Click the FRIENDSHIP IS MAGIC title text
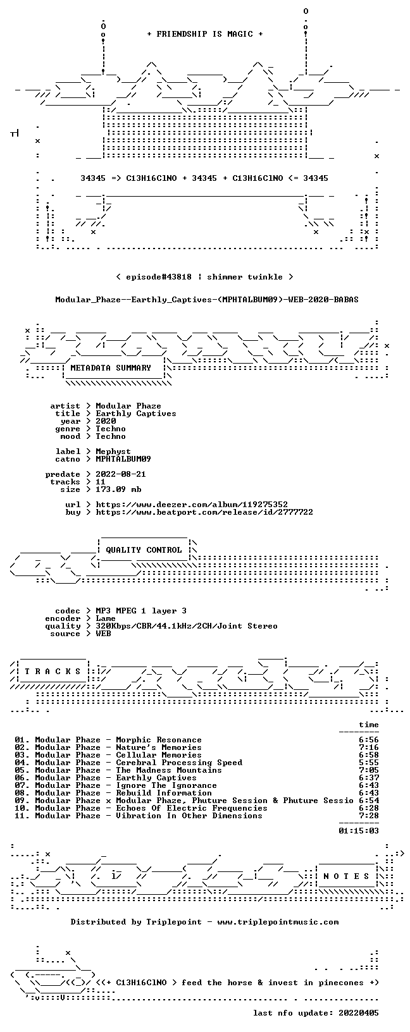[x=205, y=34]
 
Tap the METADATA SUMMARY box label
[x=111, y=368]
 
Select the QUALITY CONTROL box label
[x=144, y=550]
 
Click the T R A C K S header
[x=53, y=672]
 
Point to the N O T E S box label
[x=346, y=876]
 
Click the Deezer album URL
[x=192, y=505]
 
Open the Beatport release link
[x=204, y=512]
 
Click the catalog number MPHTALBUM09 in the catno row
[x=123, y=459]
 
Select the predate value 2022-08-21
[x=121, y=474]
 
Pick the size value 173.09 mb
[x=118, y=489]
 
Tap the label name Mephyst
[x=113, y=451]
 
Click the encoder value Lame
[x=106, y=618]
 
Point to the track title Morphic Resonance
[x=159, y=740]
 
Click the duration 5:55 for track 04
[x=369, y=763]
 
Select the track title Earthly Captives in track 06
[x=156, y=778]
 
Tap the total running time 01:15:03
[x=359, y=831]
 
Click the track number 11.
[x=20, y=816]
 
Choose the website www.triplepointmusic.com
[x=278, y=922]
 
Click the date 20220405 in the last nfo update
[x=359, y=1012]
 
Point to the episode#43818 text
[x=159, y=277]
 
